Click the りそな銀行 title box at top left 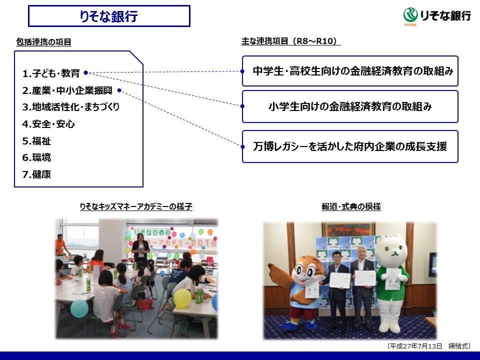109,16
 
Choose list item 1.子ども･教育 51,74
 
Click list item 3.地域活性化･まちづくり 70,107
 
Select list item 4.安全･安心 48,124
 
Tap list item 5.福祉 36,141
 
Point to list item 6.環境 36,157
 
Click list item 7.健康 36,174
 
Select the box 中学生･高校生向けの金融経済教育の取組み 350,71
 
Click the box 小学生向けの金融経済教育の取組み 350,106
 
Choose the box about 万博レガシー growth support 350,146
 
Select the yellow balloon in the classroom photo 182,298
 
